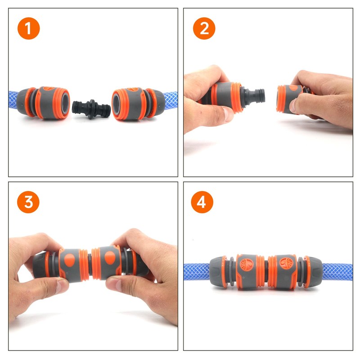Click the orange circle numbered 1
(29, 28)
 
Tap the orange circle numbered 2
(204, 28)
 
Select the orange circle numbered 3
(28, 202)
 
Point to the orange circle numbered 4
(202, 202)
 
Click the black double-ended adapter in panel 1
(91, 109)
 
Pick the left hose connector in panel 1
(43, 103)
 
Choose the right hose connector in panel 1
(139, 104)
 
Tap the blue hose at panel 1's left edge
(13, 100)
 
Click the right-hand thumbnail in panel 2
(292, 106)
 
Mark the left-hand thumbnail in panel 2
(228, 114)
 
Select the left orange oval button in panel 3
(70, 260)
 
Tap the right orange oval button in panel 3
(110, 257)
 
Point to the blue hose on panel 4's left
(197, 272)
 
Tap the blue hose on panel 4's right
(337, 272)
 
